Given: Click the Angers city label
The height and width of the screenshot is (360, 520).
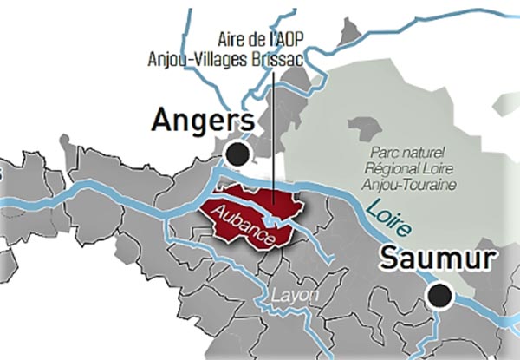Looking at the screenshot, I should [x=202, y=121].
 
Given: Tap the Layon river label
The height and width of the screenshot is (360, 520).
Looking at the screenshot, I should [x=296, y=296].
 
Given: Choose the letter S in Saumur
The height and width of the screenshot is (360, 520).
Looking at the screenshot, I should [x=388, y=259].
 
